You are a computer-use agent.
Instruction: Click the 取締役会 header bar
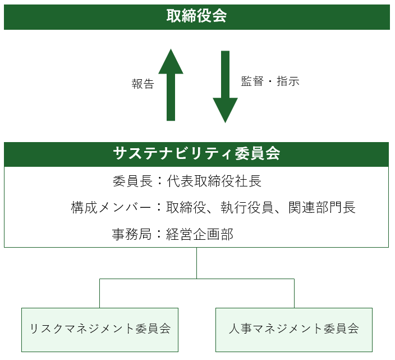[x=196, y=17]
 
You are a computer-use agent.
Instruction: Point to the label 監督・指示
[x=270, y=81]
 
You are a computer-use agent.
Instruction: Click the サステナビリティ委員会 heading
[x=196, y=154]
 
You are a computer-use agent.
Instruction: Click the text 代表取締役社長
[x=214, y=181]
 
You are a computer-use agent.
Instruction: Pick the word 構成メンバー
[x=112, y=207]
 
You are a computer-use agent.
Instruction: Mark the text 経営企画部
[x=200, y=234]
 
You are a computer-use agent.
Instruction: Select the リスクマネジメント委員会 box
[x=100, y=329]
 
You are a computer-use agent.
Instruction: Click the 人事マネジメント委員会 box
[x=294, y=329]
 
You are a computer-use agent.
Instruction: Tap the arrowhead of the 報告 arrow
[x=171, y=62]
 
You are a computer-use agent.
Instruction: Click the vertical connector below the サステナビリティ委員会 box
[x=196, y=263]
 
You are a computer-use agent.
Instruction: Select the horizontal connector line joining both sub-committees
[x=196, y=279]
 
